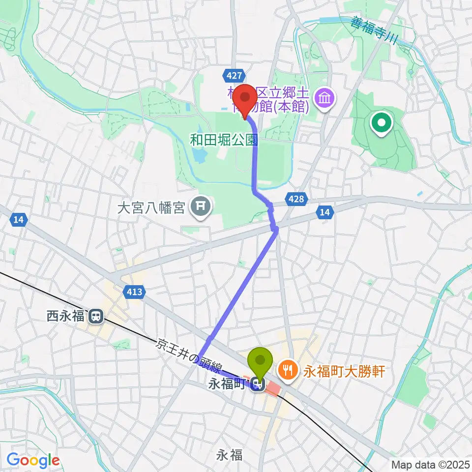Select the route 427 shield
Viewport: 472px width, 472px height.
pyautogui.click(x=235, y=76)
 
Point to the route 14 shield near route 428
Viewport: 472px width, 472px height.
pyautogui.click(x=324, y=212)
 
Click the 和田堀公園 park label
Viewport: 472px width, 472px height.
pyautogui.click(x=224, y=140)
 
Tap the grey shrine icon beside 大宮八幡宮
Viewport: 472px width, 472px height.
pyautogui.click(x=200, y=207)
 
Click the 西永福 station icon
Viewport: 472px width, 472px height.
pyautogui.click(x=96, y=316)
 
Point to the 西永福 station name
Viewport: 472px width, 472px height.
pyautogui.click(x=66, y=316)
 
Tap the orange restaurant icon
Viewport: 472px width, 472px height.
pyautogui.click(x=288, y=370)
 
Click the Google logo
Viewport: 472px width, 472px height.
pyautogui.click(x=32, y=460)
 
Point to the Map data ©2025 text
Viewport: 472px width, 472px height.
pyautogui.click(x=429, y=464)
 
